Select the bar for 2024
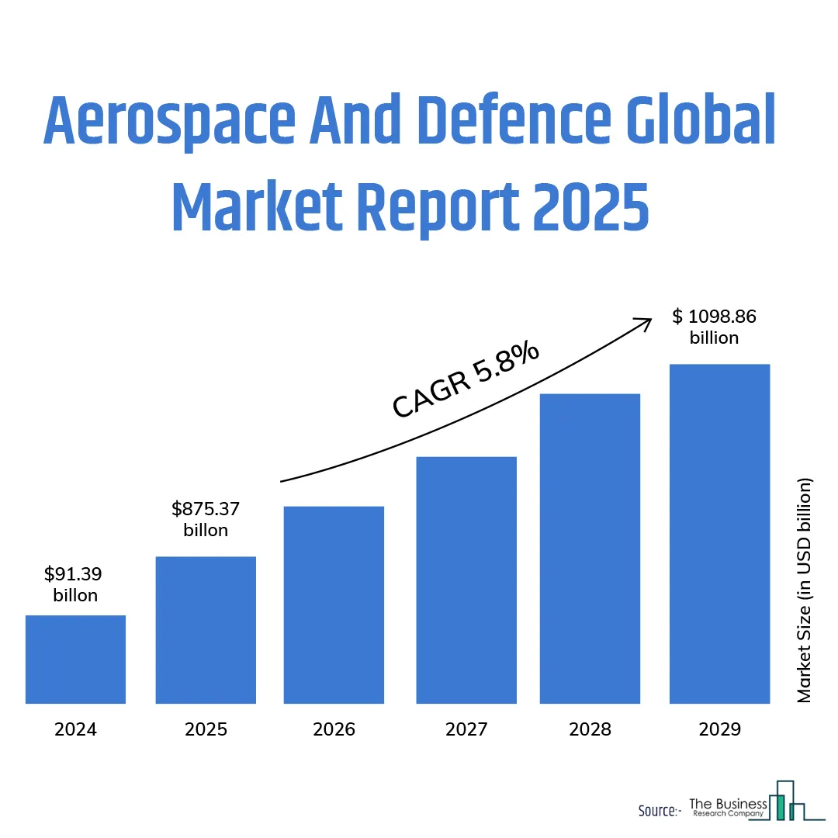click(75, 660)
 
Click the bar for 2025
click(206, 630)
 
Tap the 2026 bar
click(334, 605)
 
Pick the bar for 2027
click(466, 580)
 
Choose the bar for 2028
click(590, 549)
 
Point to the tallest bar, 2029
click(719, 534)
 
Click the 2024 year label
click(75, 729)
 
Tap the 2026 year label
click(334, 729)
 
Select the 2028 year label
click(590, 729)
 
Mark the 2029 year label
click(719, 729)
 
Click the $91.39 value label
click(74, 575)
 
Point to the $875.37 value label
click(206, 510)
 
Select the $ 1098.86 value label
click(714, 317)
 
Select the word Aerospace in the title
click(165, 123)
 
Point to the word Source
click(655, 811)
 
